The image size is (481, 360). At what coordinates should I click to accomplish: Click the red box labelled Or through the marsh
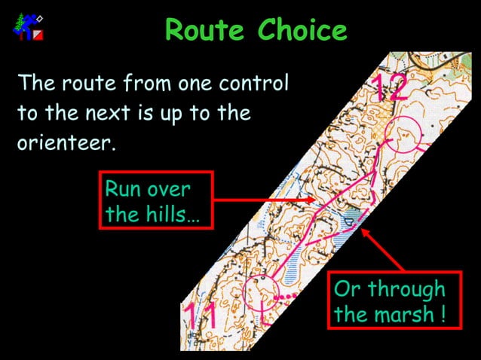tap(389, 301)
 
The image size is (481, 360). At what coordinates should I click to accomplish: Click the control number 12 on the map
tap(389, 88)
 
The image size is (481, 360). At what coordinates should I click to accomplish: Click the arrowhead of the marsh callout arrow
tap(365, 230)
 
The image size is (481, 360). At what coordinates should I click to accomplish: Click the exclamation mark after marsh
tap(440, 314)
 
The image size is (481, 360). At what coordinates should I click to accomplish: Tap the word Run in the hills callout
tap(123, 189)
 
